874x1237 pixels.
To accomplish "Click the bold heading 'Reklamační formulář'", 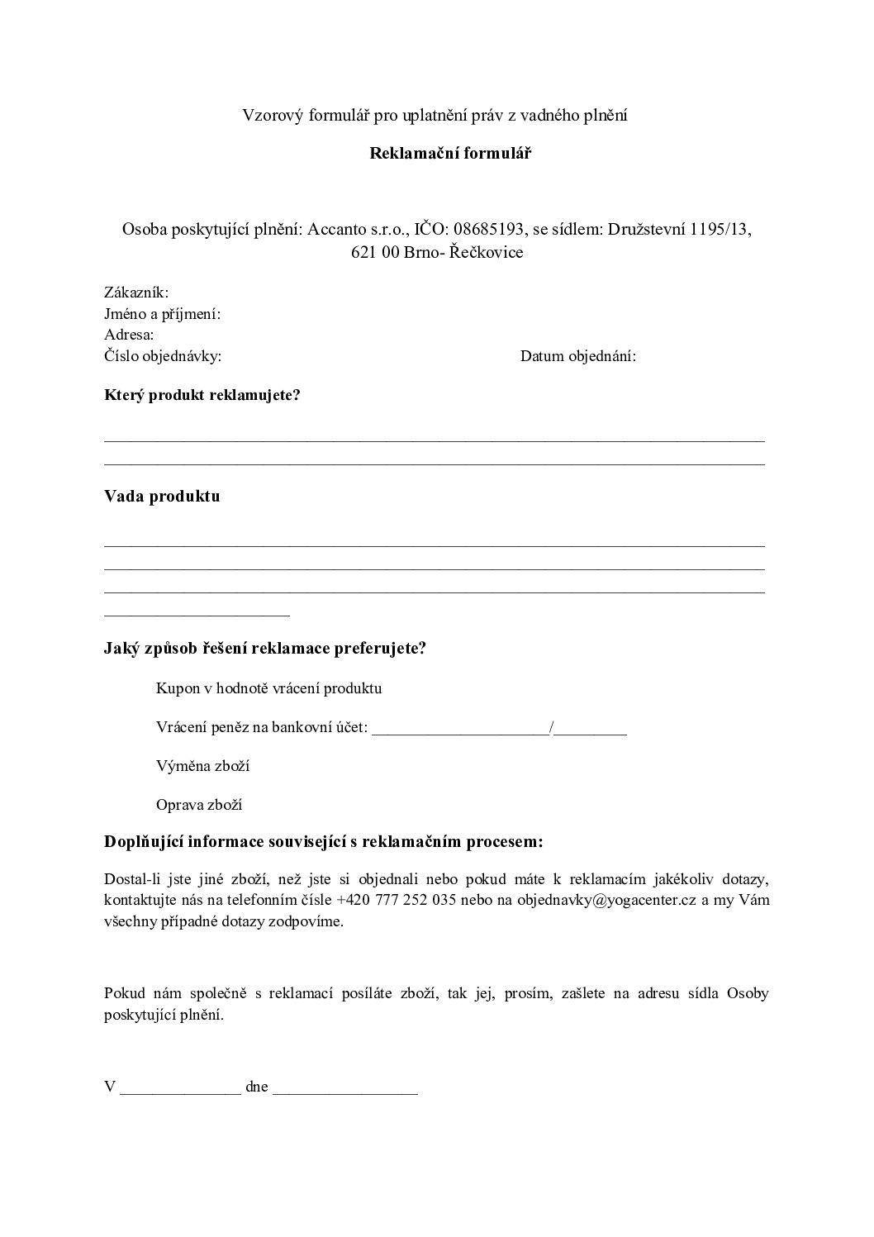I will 437,154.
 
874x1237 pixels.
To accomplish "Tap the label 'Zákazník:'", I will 136,293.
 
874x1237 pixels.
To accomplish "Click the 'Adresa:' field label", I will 129,335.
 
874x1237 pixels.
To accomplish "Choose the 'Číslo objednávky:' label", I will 163,357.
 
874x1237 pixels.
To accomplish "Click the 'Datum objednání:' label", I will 577,357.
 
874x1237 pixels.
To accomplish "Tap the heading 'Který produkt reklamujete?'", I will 202,395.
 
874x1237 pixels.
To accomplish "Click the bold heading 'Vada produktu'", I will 162,497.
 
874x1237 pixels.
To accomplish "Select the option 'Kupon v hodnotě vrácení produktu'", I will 268,688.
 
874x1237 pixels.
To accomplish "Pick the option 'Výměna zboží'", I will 202,766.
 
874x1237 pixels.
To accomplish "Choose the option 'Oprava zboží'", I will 198,805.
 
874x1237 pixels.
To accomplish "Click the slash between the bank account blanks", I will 551,728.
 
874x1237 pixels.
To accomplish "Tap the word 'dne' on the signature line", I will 257,1087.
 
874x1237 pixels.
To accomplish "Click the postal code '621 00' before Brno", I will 376,252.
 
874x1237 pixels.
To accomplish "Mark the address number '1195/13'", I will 719,230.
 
